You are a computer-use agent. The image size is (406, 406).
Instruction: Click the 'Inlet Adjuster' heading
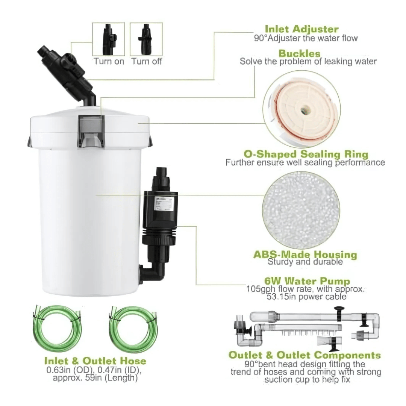pos(301,29)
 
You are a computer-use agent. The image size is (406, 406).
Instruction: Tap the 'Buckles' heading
pos(299,53)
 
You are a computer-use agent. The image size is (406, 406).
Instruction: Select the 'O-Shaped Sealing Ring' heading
pos(306,154)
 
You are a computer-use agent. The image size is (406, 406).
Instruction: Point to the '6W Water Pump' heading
pos(306,281)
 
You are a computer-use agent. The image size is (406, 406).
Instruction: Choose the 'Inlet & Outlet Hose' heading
pos(95,361)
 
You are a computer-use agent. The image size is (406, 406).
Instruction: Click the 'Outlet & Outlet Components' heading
pos(304,355)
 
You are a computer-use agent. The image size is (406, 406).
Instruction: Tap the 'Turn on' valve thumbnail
pos(109,39)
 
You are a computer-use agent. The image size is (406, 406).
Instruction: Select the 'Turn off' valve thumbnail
pos(146,39)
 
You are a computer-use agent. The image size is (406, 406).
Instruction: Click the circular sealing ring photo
pos(301,109)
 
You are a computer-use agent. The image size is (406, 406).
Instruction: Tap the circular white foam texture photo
pos(301,211)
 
